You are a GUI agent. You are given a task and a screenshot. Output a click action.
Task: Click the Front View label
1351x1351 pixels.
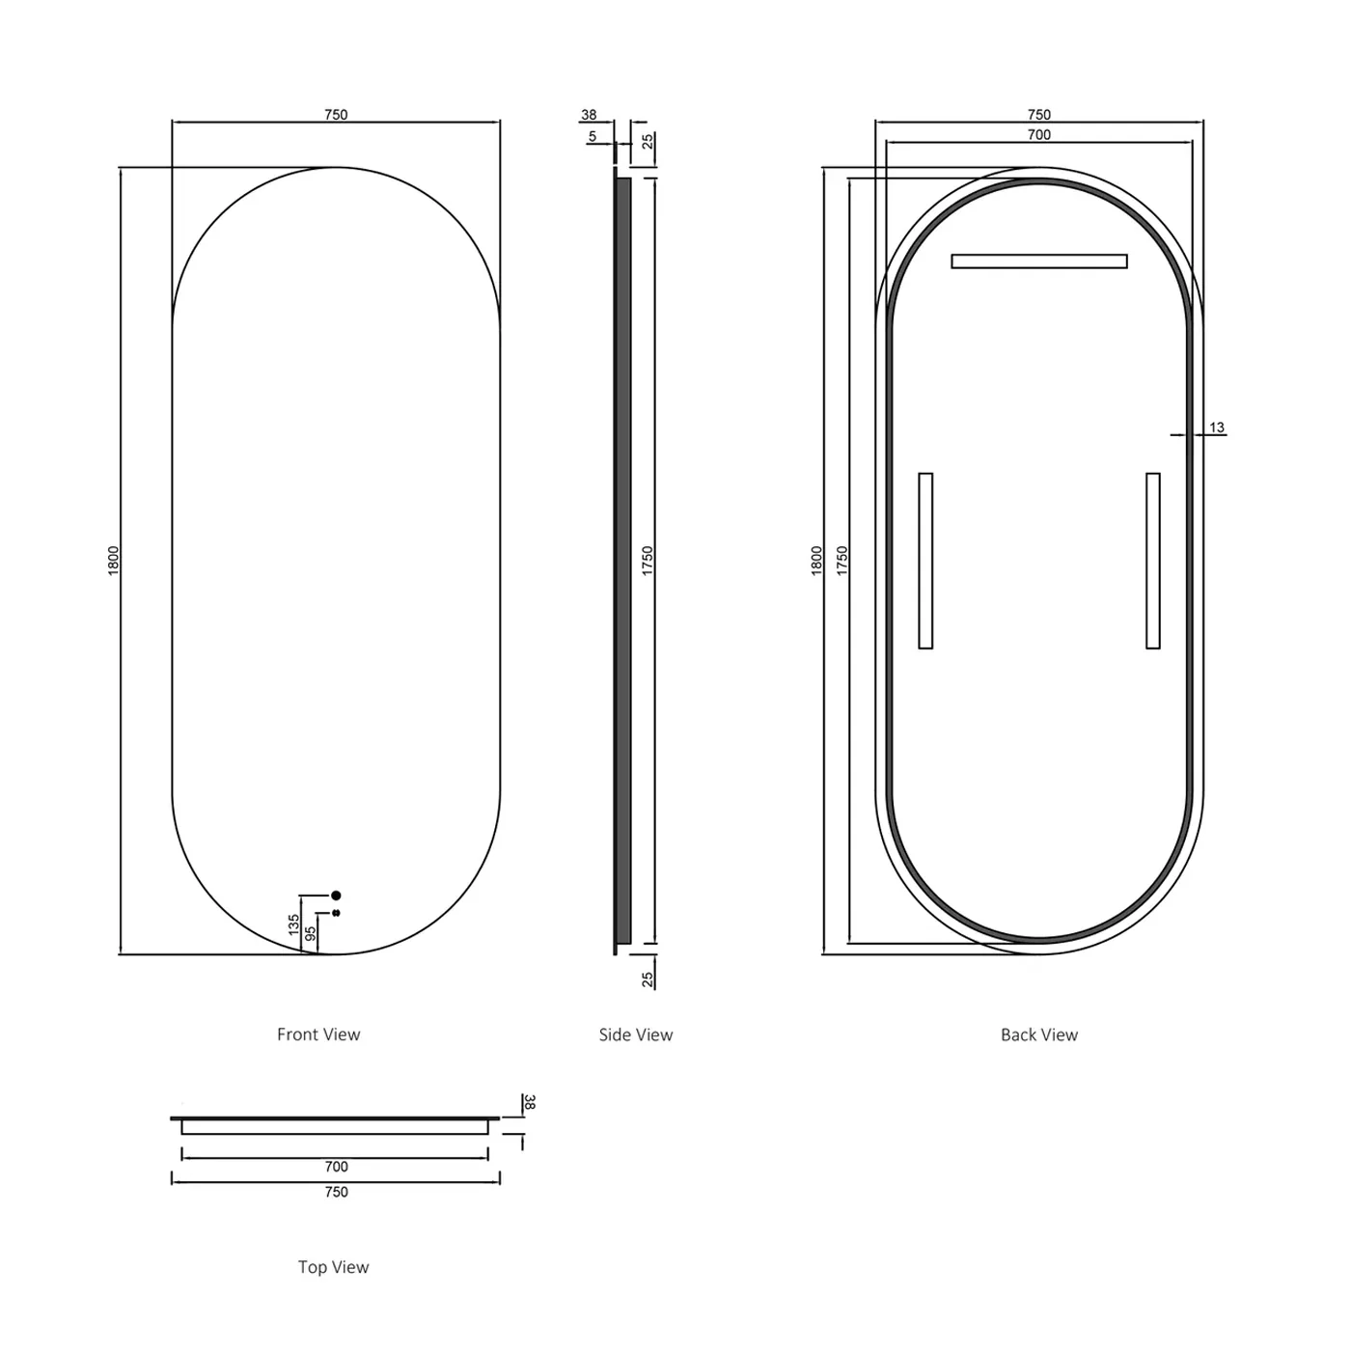(x=318, y=1034)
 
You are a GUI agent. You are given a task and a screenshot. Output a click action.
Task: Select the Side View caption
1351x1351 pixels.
(x=635, y=1034)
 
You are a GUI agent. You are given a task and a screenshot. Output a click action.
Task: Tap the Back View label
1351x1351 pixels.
(x=1038, y=1034)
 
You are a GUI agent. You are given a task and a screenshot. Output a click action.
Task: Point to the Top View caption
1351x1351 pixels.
(x=333, y=1267)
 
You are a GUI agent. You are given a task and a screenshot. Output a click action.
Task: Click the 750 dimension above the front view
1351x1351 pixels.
(x=336, y=115)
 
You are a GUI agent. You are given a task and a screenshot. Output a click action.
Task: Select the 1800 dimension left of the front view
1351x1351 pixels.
(x=114, y=561)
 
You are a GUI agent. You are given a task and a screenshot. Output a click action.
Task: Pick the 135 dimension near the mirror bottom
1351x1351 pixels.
(x=294, y=925)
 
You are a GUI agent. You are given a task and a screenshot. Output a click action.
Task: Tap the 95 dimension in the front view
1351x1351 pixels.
(x=311, y=934)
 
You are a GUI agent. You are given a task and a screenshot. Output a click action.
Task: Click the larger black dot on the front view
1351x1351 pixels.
(x=336, y=896)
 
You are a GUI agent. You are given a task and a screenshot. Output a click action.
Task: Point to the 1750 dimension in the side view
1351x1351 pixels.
(x=648, y=561)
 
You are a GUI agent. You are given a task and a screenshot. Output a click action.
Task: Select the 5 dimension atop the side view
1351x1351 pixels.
(x=593, y=137)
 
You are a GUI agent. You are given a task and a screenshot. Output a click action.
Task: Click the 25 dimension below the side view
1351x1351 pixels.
(x=648, y=979)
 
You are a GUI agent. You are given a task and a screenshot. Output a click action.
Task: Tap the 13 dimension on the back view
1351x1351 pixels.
(x=1216, y=427)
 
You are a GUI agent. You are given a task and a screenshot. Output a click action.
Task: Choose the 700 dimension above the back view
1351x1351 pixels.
(x=1038, y=135)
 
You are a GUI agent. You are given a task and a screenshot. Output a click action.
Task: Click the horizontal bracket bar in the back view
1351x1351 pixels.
(x=1038, y=262)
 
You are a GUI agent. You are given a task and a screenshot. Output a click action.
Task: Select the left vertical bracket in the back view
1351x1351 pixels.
(x=925, y=561)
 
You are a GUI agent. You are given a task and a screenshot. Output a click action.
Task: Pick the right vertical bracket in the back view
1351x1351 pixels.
(x=1152, y=561)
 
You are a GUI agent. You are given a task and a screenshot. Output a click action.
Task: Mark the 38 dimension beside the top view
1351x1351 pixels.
(x=529, y=1102)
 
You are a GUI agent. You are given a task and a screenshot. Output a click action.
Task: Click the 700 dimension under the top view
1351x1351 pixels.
(x=336, y=1167)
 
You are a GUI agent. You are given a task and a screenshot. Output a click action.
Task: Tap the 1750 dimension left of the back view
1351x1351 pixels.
(x=841, y=561)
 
